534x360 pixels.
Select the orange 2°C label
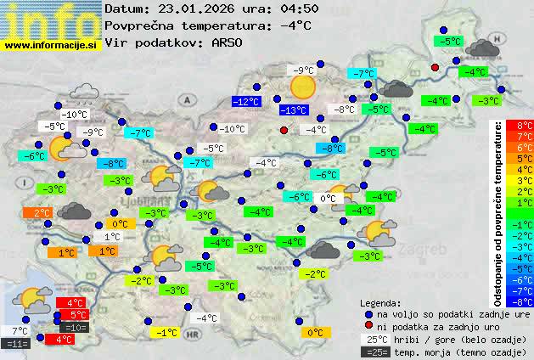(41, 213)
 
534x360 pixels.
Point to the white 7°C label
(19, 330)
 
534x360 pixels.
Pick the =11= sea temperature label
(16, 344)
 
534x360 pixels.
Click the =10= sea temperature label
(74, 327)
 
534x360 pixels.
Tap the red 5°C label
(73, 315)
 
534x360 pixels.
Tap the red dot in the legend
(368, 325)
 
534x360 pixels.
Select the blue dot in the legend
(368, 313)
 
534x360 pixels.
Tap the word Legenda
(380, 302)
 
